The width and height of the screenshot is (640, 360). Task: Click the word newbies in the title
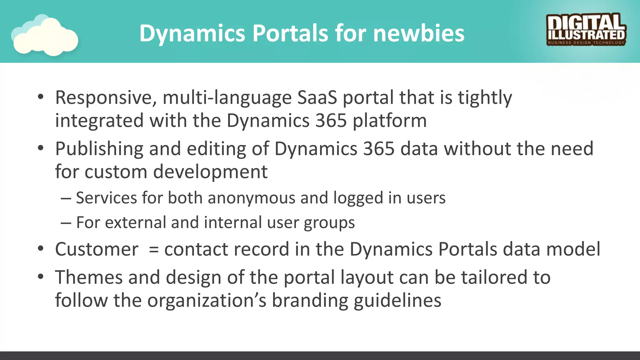(419, 33)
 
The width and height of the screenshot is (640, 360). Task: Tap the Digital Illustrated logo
(586, 30)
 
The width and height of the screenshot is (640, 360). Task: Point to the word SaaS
(317, 97)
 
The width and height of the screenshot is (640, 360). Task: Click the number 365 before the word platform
(331, 121)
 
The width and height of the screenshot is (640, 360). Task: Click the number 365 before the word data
(379, 148)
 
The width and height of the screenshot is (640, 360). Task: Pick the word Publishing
(99, 149)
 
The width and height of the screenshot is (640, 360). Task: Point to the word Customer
(97, 249)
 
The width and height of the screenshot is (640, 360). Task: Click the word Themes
(89, 277)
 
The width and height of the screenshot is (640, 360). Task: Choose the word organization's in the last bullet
(207, 301)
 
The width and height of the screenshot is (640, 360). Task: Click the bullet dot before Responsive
(40, 97)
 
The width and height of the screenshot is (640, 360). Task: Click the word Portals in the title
(290, 33)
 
